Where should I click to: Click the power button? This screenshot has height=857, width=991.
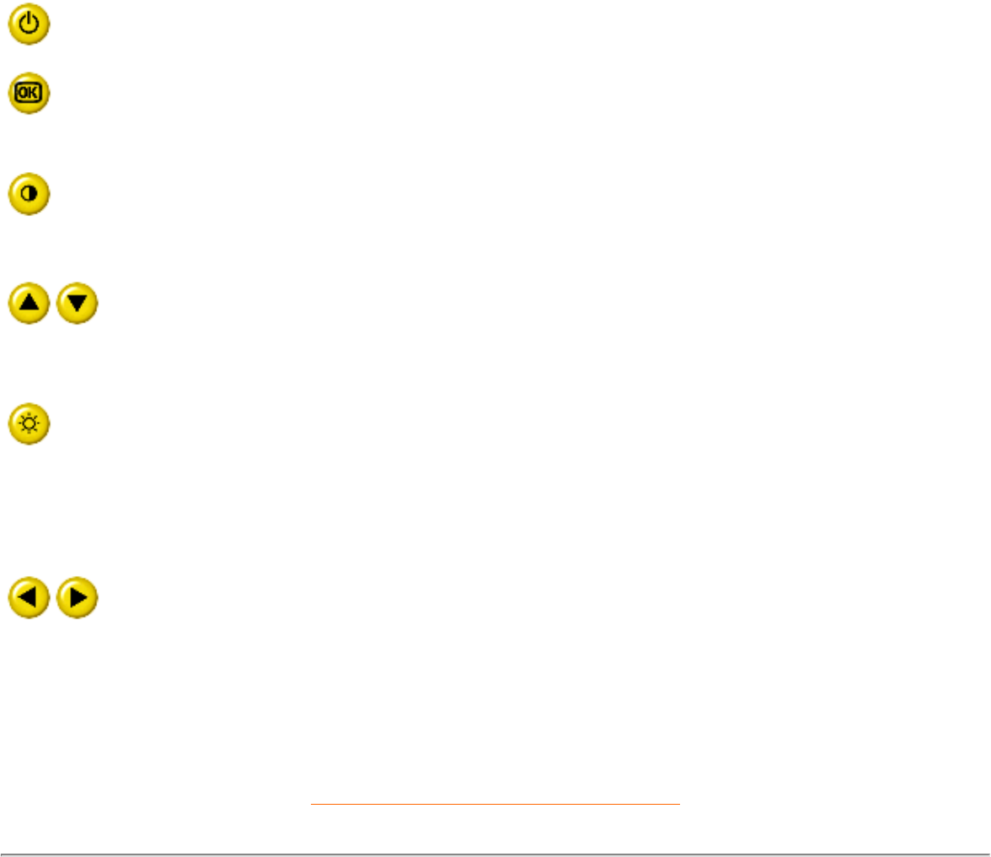tap(29, 25)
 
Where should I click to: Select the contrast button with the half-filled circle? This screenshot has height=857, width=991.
tap(29, 193)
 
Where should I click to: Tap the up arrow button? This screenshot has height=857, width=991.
tap(29, 303)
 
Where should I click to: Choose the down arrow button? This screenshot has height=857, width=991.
tap(78, 303)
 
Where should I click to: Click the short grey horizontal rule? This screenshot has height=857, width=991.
tap(495, 805)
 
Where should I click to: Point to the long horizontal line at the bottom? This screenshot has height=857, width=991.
tap(495, 854)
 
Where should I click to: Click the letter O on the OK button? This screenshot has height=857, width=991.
tap(23, 93)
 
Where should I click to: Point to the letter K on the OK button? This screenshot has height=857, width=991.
tap(35, 93)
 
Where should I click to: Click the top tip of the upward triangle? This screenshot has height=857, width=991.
tap(29, 294)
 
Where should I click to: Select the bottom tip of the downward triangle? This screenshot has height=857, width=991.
tap(78, 311)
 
